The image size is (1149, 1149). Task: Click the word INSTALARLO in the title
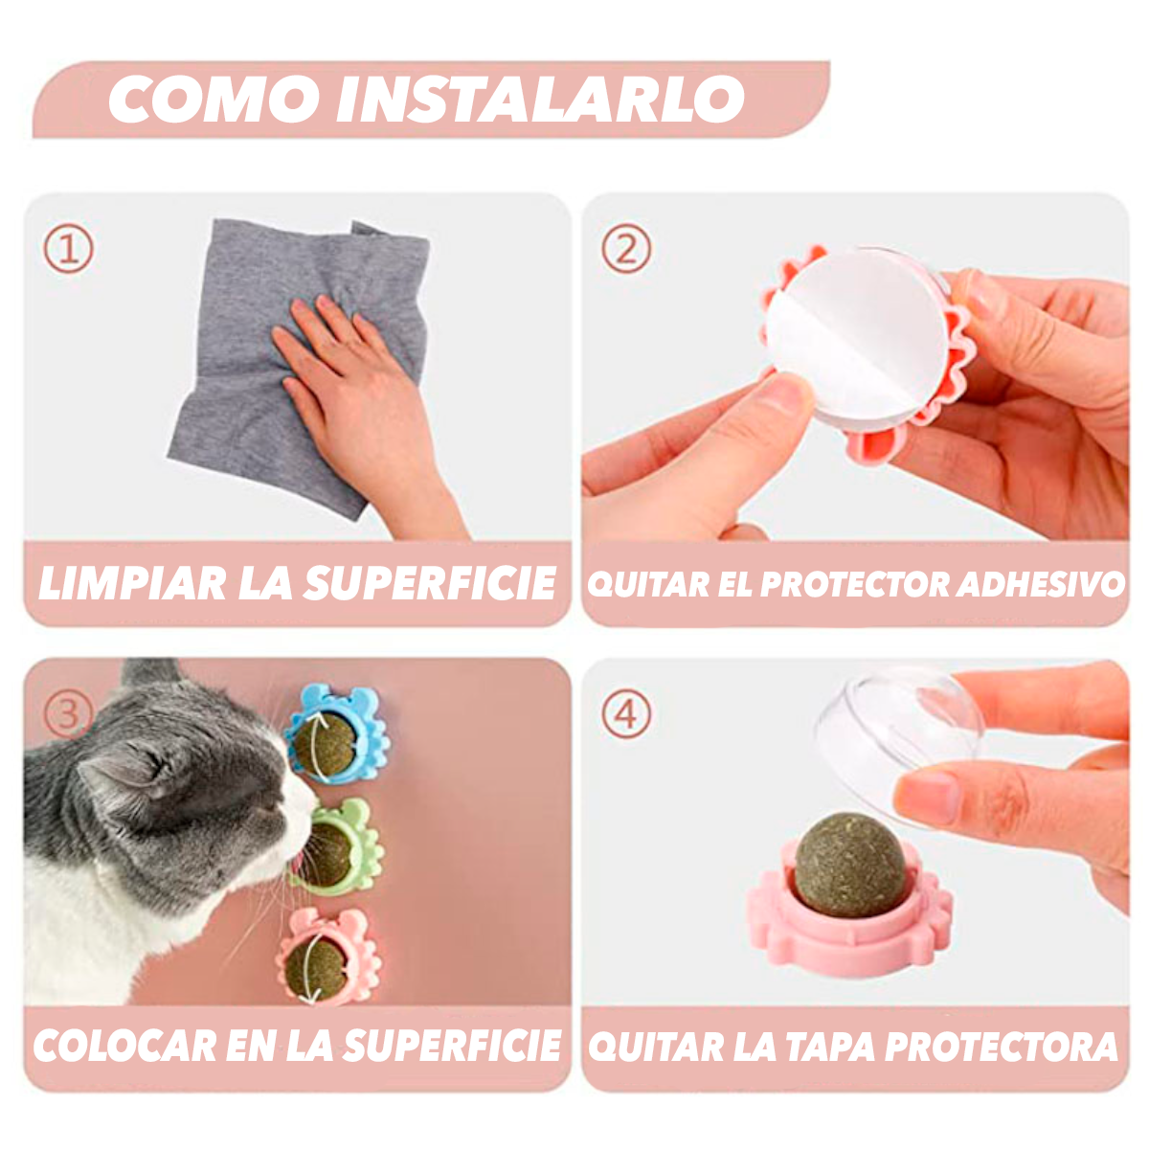(x=540, y=99)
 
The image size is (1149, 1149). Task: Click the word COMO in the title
(x=214, y=99)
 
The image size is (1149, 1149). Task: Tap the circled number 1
(x=69, y=250)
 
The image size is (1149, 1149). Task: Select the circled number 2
(x=626, y=250)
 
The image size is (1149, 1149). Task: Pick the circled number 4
(x=626, y=714)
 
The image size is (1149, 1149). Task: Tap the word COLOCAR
(x=124, y=1046)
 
